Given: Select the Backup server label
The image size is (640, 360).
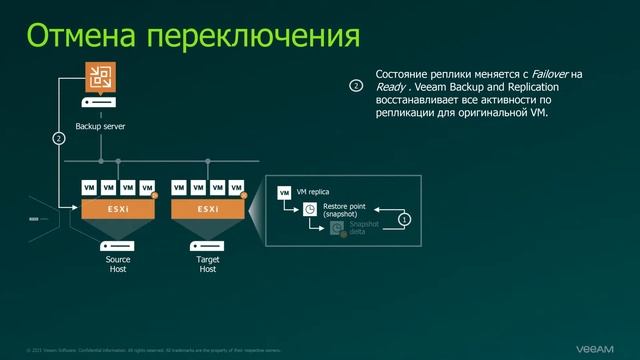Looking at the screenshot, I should click(x=101, y=127).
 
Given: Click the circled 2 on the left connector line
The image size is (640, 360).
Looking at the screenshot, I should click(x=58, y=138).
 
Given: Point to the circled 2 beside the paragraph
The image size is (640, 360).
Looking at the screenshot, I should click(x=355, y=87).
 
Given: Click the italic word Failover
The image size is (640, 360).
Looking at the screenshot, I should click(x=544, y=75).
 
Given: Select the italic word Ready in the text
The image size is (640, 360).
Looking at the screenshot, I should click(x=391, y=88).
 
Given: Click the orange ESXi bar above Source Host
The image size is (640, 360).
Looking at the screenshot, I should click(x=118, y=208).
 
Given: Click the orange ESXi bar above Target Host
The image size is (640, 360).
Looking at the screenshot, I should click(x=208, y=208).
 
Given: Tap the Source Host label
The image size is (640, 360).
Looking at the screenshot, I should click(x=118, y=264).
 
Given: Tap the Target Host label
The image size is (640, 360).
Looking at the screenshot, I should click(x=208, y=264).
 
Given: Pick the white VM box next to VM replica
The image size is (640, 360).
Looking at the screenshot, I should click(x=285, y=191).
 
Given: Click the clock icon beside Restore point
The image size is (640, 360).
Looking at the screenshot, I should click(x=310, y=209).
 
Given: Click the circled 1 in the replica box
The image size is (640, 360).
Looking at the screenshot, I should click(x=404, y=217).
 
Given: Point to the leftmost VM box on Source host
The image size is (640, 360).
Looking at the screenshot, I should click(x=89, y=187).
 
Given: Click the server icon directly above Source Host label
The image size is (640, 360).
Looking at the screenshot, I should click(x=118, y=245).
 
